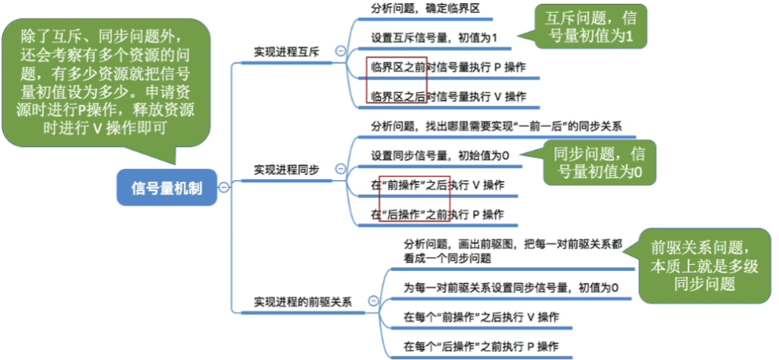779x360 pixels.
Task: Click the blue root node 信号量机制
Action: pos(167,187)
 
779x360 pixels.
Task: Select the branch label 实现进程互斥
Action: pos(287,52)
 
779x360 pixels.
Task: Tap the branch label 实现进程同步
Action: pos(287,169)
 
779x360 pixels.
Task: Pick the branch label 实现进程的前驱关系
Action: pos(303,301)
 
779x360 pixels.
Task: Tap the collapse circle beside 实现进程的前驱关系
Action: pos(373,301)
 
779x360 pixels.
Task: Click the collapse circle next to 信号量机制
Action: pos(224,187)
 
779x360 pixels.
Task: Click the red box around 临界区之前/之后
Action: pos(396,80)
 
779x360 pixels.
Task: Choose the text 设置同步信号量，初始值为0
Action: pos(440,155)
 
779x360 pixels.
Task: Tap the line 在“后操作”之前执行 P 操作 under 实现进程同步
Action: pos(437,215)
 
